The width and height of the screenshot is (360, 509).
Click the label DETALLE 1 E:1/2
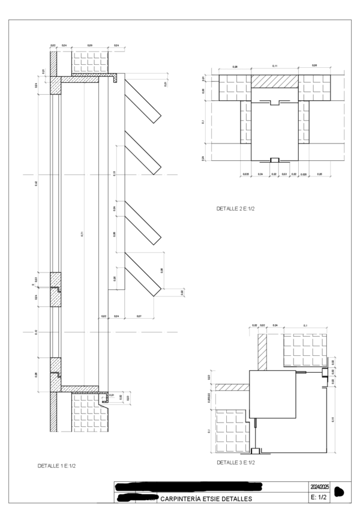[x=56, y=466]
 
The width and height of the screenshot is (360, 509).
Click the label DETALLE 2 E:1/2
[x=236, y=208]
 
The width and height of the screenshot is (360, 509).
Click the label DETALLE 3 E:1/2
[x=236, y=463]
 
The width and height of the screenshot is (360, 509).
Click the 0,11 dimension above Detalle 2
[x=275, y=65]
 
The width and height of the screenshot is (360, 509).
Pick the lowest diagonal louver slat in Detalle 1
[x=143, y=274]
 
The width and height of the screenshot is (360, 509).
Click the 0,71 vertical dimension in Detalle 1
[x=82, y=233]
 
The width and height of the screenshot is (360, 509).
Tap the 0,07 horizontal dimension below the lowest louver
[x=139, y=316]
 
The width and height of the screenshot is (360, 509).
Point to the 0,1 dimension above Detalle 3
[x=305, y=325]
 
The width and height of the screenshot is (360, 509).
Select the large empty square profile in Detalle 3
[x=272, y=394]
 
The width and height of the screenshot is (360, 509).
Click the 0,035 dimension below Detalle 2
[x=246, y=174]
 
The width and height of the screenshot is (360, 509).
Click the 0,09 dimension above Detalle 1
[x=90, y=46]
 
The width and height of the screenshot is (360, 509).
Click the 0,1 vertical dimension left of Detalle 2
[x=204, y=122]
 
